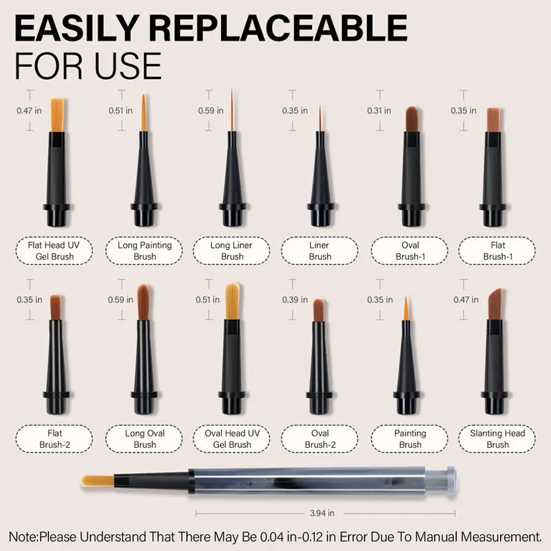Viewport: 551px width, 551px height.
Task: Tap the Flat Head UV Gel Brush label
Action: [54, 251]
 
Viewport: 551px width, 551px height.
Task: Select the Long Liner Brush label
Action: [231, 251]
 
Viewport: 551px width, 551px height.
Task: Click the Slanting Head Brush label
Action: [497, 439]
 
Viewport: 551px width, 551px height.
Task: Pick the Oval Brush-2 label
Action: [320, 439]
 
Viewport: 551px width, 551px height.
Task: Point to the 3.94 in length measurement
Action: [322, 513]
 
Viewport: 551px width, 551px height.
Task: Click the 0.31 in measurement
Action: [379, 111]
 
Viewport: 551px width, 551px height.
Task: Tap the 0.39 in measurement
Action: [295, 300]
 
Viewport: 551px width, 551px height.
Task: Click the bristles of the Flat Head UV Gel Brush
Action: [57, 115]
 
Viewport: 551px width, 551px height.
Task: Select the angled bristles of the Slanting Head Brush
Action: [495, 304]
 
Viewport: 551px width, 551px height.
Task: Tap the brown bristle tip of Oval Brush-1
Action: [412, 118]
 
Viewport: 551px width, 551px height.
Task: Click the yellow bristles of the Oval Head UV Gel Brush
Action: [232, 301]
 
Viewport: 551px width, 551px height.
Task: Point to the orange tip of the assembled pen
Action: [98, 481]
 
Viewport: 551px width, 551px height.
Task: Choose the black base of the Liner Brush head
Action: [320, 214]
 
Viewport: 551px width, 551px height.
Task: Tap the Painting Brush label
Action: [410, 439]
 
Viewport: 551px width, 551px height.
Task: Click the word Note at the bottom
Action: [23, 537]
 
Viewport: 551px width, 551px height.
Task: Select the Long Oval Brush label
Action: [144, 439]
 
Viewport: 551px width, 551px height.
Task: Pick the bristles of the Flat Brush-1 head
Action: [493, 120]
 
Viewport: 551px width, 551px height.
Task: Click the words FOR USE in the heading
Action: [88, 66]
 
